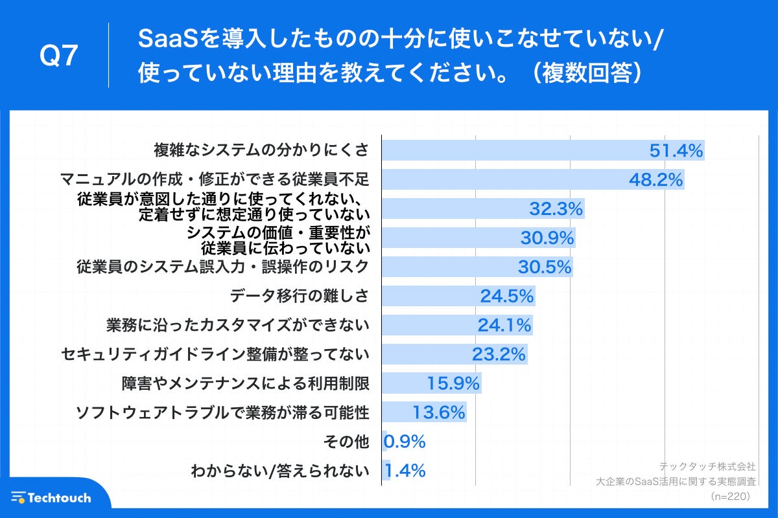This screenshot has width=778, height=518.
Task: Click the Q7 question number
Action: click(x=59, y=57)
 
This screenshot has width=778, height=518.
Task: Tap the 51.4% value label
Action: click(x=676, y=151)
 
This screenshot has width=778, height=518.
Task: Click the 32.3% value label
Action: click(x=556, y=209)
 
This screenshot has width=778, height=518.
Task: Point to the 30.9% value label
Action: click(x=547, y=238)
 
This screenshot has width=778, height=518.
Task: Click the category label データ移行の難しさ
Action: click(x=300, y=296)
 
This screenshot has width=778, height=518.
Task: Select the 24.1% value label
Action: click(x=504, y=325)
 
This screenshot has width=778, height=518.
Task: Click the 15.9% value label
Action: click(x=453, y=383)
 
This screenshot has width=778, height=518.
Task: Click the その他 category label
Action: click(x=346, y=442)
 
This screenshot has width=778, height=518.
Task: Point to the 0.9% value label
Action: click(x=405, y=442)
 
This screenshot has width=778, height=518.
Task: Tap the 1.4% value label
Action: click(x=405, y=471)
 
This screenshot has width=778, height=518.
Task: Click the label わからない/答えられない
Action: click(x=279, y=471)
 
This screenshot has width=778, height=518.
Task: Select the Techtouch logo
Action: click(x=51, y=497)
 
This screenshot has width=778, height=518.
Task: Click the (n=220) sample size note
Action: click(x=729, y=496)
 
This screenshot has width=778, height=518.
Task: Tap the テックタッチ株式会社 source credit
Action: click(x=707, y=466)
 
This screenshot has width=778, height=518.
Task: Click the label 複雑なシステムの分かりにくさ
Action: click(x=261, y=151)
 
